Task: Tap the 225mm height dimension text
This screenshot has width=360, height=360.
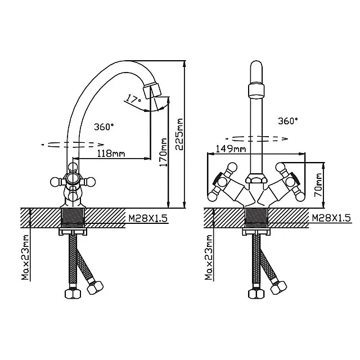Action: tap(179, 134)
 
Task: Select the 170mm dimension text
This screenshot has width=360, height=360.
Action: tap(164, 152)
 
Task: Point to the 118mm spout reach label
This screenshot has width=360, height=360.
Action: tap(111, 153)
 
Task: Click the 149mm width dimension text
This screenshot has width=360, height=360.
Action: tap(231, 148)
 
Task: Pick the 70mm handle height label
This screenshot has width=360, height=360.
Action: tap(318, 185)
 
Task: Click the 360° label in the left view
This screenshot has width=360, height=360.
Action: tap(103, 127)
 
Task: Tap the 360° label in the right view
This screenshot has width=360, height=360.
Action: tap(288, 121)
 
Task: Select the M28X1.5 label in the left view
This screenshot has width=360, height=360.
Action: tap(148, 218)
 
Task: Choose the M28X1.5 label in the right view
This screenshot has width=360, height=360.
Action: tap(331, 218)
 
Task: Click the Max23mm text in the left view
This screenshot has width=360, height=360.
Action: tap(25, 257)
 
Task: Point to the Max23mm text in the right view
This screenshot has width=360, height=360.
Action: tap(209, 257)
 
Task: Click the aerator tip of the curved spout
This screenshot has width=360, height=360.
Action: tap(152, 91)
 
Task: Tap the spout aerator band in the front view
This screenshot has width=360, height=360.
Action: tap(256, 91)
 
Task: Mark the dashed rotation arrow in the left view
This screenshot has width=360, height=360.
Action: tap(73, 145)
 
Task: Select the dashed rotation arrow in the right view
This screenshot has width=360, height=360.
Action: tap(256, 139)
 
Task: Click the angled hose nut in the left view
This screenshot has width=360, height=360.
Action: tap(95, 287)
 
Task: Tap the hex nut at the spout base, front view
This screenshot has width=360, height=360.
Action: tap(256, 179)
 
